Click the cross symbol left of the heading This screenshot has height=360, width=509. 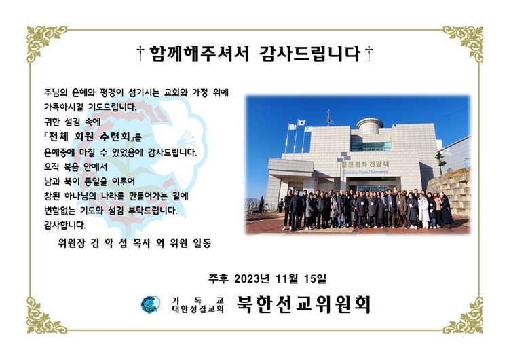pos(140,53)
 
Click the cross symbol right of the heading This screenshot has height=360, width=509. pos(369,53)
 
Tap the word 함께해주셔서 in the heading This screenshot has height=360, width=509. pos(199,54)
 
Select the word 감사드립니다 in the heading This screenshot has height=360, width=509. pos(309,54)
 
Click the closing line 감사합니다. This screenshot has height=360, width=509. pos(65,225)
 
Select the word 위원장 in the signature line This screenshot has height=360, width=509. pos(71,243)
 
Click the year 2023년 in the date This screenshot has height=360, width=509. pos(252,278)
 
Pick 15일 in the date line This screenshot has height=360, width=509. pos(315,278)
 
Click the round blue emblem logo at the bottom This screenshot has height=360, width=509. pos(150,305)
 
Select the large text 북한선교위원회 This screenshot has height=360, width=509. pos(303,304)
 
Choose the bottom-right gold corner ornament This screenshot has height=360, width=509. pos(464,316)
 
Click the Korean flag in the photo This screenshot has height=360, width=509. pos(301,122)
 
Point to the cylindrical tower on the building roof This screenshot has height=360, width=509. pos(370,126)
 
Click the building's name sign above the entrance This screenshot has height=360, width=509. pos(365,164)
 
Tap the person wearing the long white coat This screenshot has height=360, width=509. pos(423,211)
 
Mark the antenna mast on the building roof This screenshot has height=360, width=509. pos(329,118)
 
